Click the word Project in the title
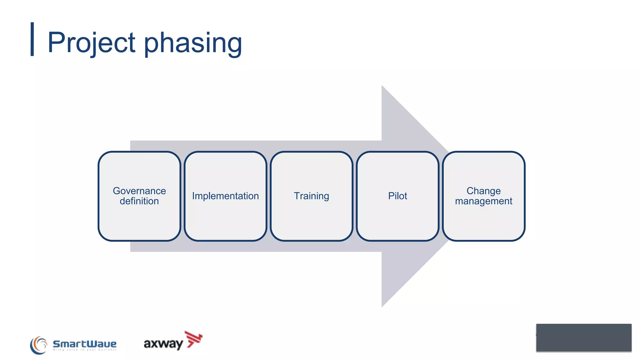point(91,42)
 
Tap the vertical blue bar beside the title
point(32,39)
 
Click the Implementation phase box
point(225,219)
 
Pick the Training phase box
point(312,219)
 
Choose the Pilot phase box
point(397,219)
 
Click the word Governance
point(139,191)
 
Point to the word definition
point(139,201)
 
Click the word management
point(483,201)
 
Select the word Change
point(483,191)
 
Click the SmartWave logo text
point(84,344)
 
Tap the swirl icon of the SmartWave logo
point(38,345)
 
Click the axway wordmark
point(163,344)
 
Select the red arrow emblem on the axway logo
point(194,339)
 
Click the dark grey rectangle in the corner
point(583,337)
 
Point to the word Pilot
point(397,196)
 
